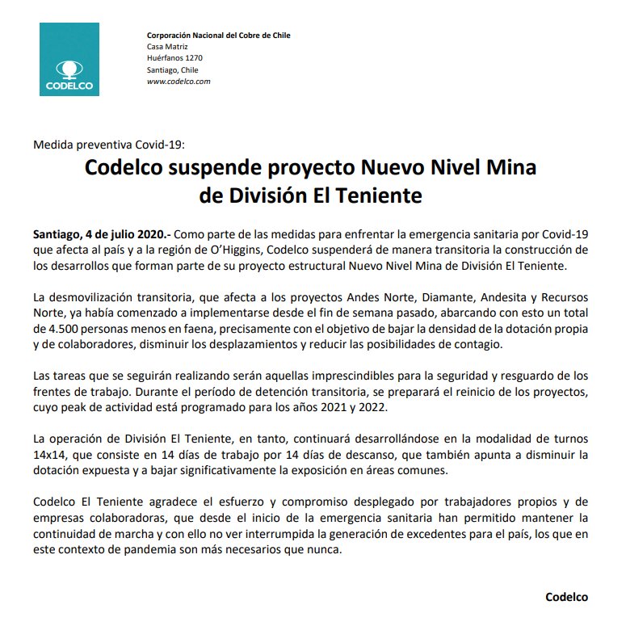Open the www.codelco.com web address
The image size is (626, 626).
pyautogui.click(x=179, y=82)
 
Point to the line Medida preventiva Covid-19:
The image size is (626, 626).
pyautogui.click(x=109, y=145)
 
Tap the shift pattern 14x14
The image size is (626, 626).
pyautogui.click(x=48, y=456)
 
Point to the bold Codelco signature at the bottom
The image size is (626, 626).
pyautogui.click(x=567, y=597)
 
